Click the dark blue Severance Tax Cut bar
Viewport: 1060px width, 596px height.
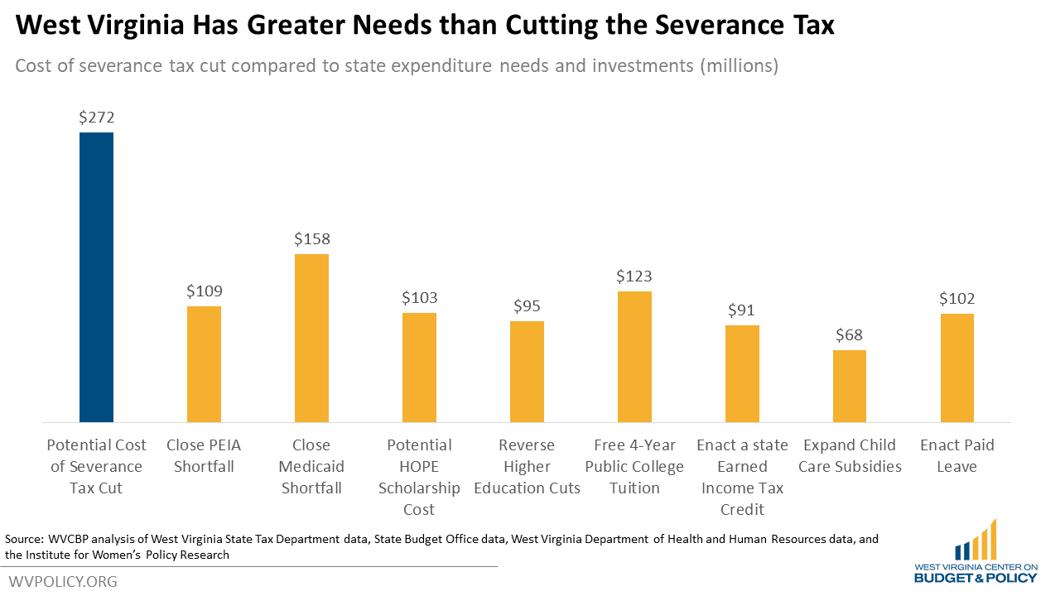point(96,277)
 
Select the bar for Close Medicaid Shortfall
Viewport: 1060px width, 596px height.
point(311,338)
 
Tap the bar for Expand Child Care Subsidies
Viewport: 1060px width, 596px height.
point(850,386)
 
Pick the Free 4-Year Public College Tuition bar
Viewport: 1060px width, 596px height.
point(634,357)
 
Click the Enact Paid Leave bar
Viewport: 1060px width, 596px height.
point(957,368)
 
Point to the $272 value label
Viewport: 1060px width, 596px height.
point(96,118)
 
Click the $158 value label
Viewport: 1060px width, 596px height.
point(311,239)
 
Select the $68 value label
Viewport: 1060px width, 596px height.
point(850,335)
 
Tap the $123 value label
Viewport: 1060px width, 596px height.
point(634,276)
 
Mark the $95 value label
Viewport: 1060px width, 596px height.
point(527,306)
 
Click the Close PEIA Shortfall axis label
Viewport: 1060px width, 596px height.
point(204,456)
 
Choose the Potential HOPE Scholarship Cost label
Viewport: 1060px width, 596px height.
point(419,478)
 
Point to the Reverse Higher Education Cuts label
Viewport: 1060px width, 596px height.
point(527,467)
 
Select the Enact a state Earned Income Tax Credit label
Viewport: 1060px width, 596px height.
point(742,478)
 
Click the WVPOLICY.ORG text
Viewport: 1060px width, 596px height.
point(63,582)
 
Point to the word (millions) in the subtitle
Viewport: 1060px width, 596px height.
point(740,66)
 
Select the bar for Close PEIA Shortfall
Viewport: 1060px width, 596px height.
point(204,364)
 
